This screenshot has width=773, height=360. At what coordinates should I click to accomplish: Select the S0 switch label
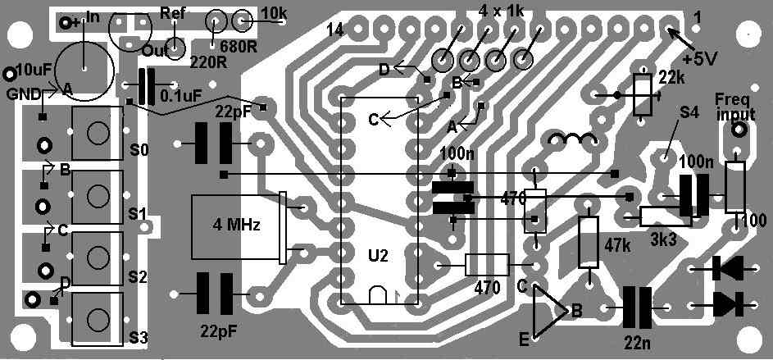coord(139,151)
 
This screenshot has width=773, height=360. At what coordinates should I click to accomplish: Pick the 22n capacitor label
coord(638,339)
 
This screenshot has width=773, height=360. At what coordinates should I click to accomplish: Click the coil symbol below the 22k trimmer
coord(571,141)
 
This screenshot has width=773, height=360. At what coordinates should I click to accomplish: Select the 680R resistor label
coord(236,46)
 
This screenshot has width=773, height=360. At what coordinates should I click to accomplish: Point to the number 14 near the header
coord(334,30)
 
